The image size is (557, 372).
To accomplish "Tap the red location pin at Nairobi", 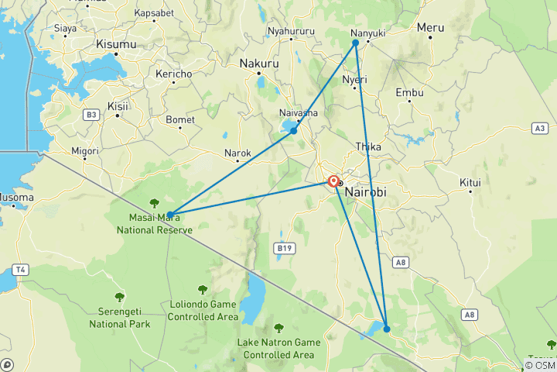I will pos(333,181).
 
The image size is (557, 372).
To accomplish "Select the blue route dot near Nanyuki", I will pos(356,43).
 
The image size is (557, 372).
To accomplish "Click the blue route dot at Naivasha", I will pos(293,131).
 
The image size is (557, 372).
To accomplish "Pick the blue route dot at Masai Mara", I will pos(169,214).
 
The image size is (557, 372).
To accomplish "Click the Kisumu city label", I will pos(116,45).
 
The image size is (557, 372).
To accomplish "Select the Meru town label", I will pos(430,27).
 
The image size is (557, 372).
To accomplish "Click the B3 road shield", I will pos(92,115).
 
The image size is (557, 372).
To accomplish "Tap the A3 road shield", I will pos(539,128).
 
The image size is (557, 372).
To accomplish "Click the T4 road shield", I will pos(19,270).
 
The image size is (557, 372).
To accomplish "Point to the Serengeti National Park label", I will pos(119,318).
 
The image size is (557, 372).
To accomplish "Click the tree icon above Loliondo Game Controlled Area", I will pos(203,290).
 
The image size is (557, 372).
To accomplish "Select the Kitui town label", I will pos(470,183).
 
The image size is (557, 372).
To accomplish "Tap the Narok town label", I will pos(237,153).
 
